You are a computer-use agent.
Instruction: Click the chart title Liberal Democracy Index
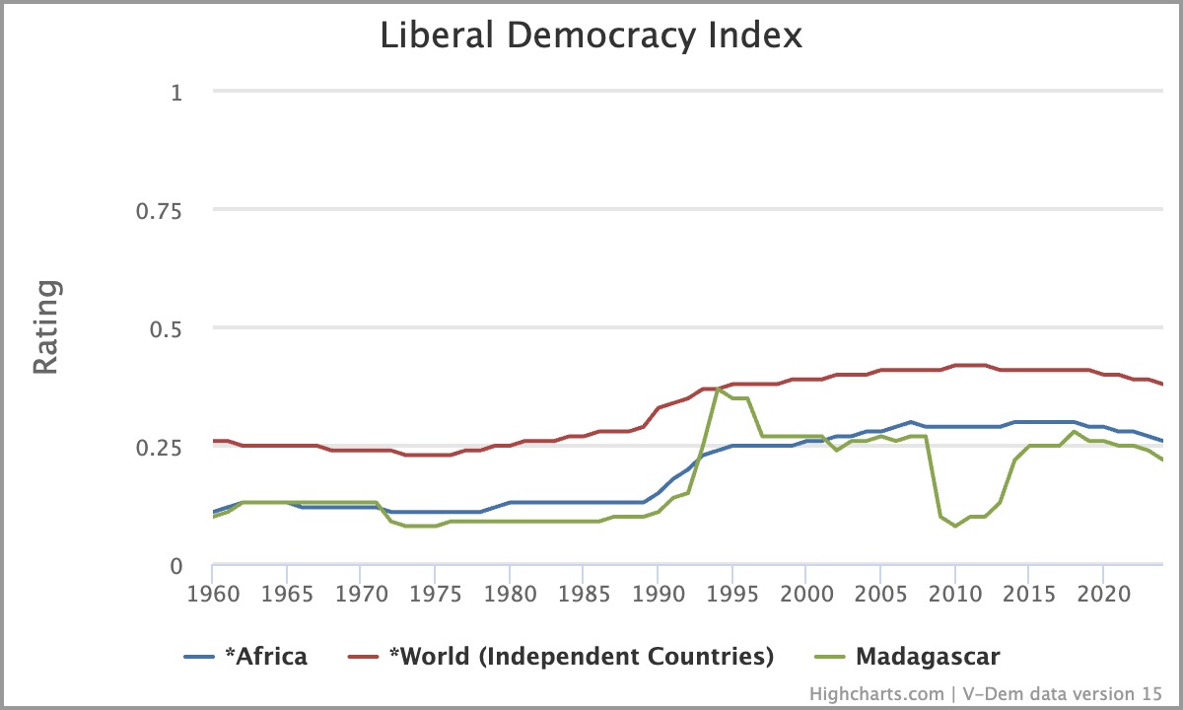point(591,36)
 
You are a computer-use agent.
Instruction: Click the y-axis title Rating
point(46,327)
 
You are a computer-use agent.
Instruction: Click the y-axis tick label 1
point(177,92)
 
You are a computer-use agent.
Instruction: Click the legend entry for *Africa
point(245,657)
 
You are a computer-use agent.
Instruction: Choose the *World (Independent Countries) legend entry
point(562,657)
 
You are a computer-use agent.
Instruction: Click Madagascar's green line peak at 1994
point(718,390)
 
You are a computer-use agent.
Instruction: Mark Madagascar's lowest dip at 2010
point(955,527)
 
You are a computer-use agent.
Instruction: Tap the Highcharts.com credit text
point(876,694)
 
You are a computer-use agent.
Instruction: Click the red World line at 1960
point(213,441)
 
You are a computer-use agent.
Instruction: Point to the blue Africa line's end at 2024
point(1163,441)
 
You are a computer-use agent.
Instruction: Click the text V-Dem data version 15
point(1063,694)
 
